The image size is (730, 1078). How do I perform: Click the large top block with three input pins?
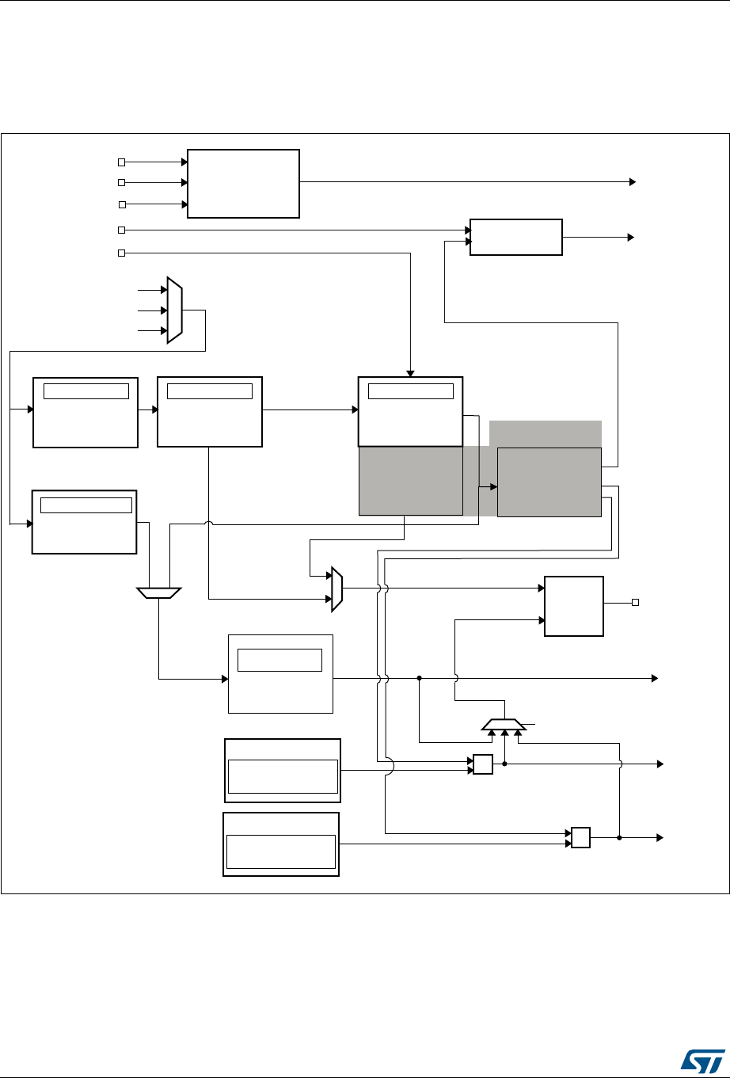[243, 183]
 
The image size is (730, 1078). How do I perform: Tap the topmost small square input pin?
[121, 162]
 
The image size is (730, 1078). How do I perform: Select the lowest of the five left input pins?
[121, 253]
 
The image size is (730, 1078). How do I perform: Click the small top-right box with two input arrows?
[515, 236]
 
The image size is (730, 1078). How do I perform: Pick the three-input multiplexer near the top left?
[174, 310]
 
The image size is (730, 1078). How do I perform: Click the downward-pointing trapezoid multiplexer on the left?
[159, 592]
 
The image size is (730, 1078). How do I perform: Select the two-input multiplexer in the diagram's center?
[336, 589]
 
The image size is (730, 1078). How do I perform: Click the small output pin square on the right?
[635, 603]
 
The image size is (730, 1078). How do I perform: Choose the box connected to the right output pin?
[574, 606]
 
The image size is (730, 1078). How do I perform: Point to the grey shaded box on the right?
[549, 482]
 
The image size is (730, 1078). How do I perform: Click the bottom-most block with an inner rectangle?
[281, 844]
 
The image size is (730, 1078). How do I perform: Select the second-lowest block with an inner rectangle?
[283, 770]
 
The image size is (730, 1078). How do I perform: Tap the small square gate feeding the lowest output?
[580, 837]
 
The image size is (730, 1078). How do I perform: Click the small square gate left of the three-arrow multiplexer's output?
[482, 764]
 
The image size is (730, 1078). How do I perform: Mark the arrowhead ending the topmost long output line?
[632, 181]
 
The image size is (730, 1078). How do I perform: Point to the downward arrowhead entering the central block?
[410, 373]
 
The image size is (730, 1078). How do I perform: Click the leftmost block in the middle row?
[85, 413]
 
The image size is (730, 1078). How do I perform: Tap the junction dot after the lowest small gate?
[619, 837]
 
